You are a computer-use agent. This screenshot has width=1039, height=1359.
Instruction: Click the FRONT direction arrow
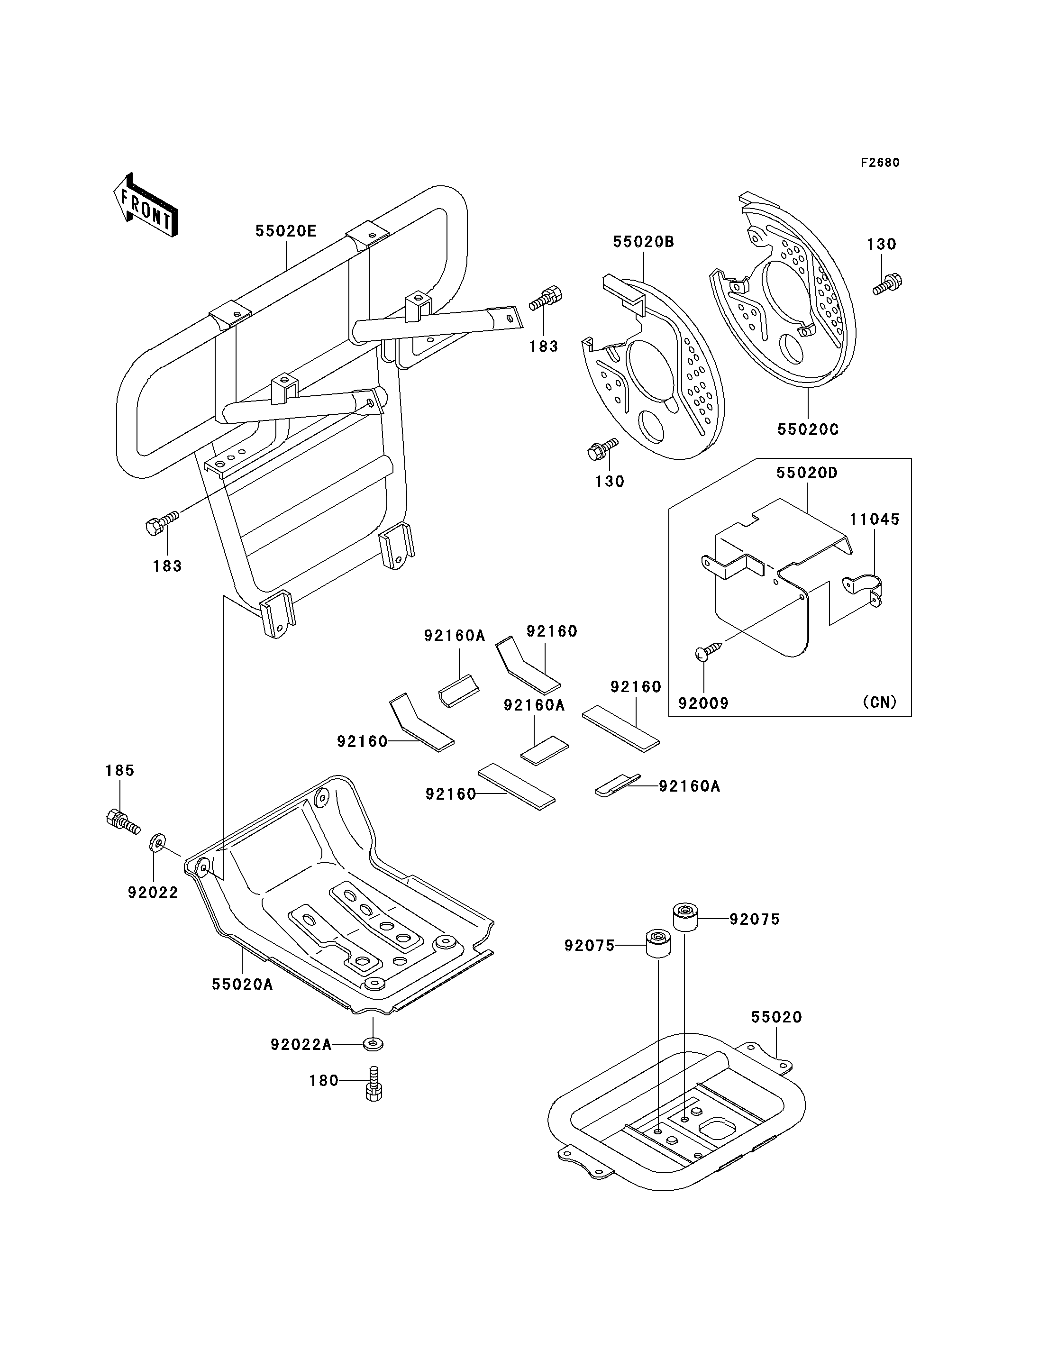coord(146,206)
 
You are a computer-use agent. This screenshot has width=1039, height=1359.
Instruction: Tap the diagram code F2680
coord(880,163)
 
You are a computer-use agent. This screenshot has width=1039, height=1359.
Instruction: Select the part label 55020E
coord(286,231)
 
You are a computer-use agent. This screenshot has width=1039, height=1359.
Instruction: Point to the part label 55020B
coord(643,242)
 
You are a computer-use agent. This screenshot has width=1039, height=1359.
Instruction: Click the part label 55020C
coord(808,429)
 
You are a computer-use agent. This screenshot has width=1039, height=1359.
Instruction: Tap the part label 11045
coord(874,519)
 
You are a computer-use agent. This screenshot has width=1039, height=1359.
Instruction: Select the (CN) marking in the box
coord(879,702)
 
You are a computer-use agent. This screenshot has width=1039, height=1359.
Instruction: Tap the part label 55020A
coord(242,984)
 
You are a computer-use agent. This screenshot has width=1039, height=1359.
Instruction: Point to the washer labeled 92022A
coord(373,1044)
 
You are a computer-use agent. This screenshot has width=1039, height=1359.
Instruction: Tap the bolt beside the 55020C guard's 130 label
coord(887,284)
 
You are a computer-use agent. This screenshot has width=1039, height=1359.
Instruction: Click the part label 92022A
coord(301,1045)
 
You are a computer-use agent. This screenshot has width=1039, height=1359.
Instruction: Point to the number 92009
coord(703,703)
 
